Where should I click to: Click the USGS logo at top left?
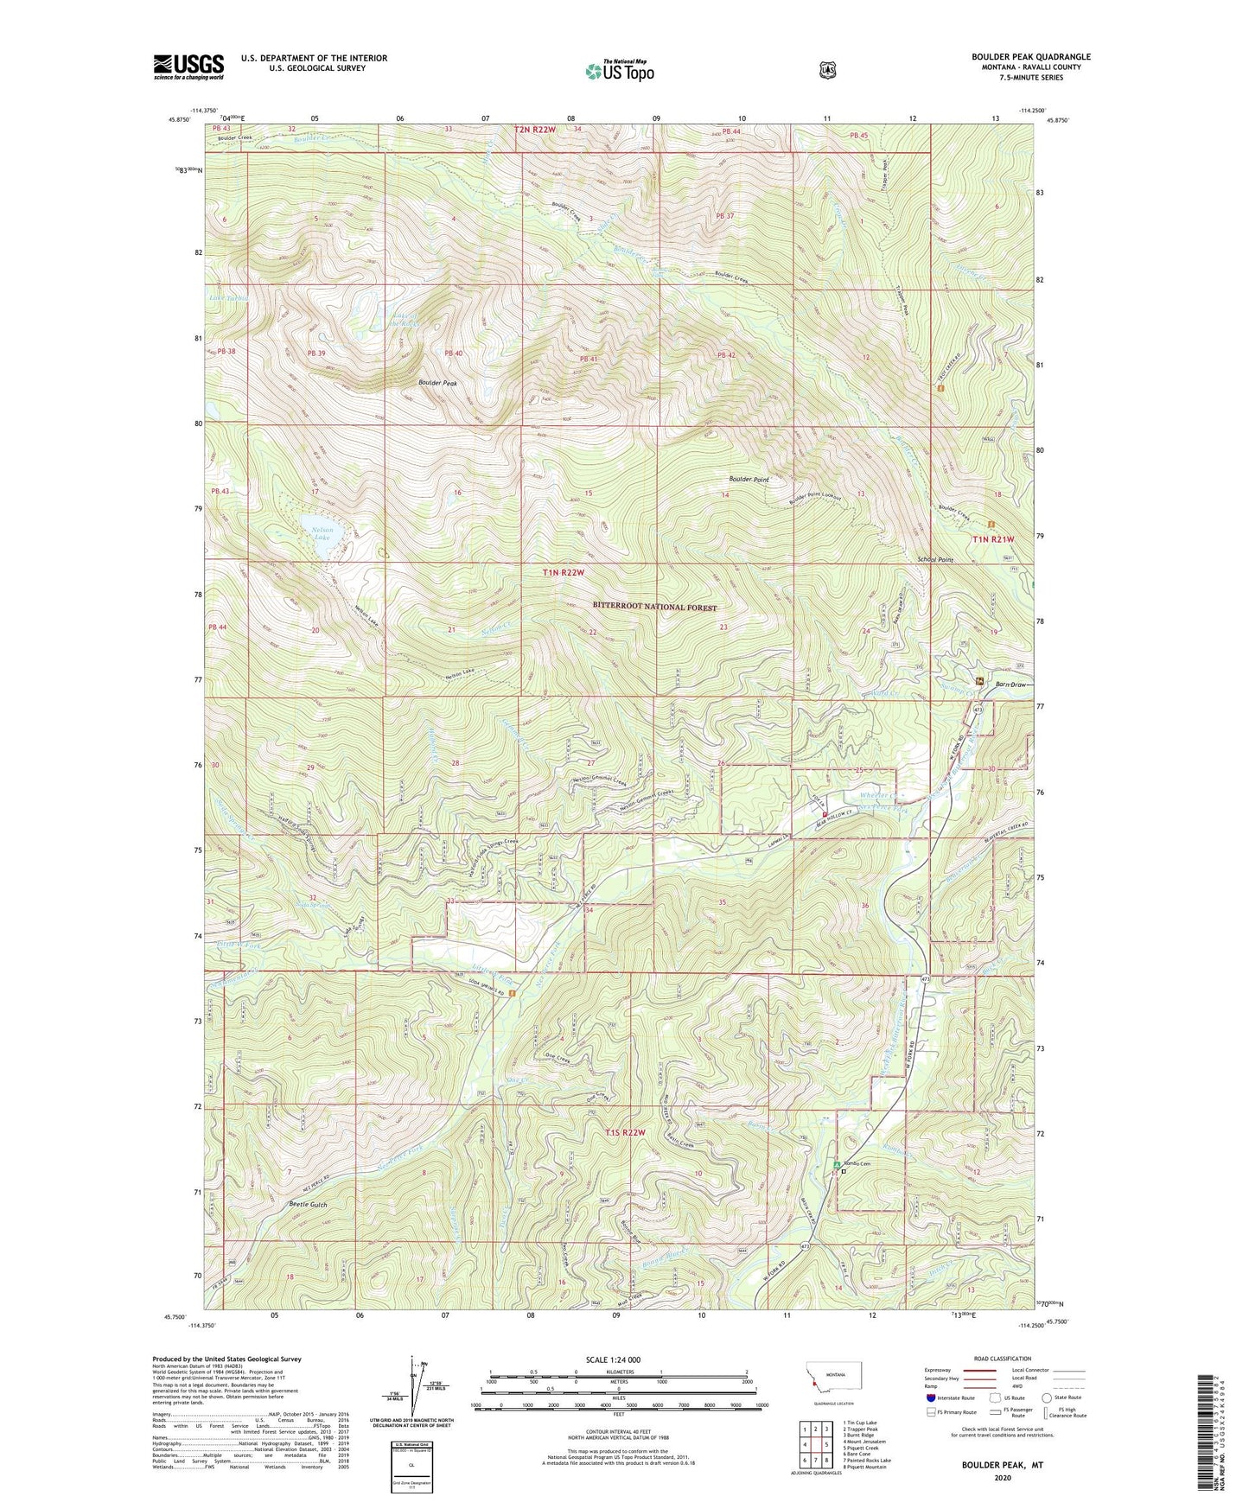188,67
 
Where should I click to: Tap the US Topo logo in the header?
618,71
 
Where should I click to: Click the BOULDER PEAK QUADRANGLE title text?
1030,57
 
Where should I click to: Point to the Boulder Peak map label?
437,383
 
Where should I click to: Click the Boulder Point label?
749,479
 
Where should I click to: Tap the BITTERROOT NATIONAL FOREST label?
654,608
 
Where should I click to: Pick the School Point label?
935,560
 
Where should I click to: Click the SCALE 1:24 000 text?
617,1359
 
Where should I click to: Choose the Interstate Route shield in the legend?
931,1398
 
